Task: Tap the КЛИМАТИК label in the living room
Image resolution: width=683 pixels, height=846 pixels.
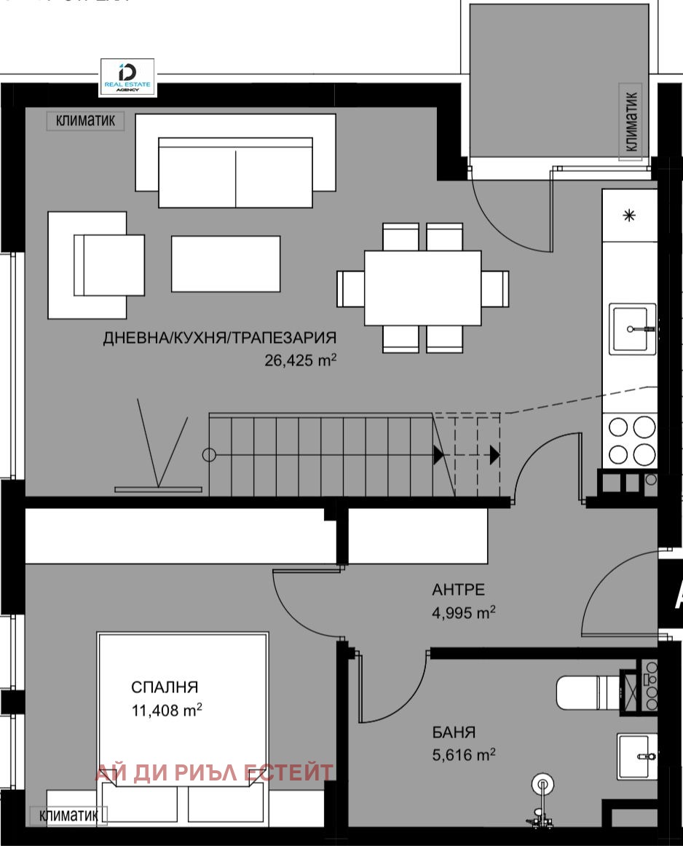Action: (85, 121)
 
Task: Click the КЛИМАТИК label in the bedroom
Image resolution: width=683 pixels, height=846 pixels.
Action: (68, 816)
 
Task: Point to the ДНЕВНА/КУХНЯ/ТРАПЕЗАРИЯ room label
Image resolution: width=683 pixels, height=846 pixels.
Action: (219, 338)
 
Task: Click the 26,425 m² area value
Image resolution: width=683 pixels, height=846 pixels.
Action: (301, 359)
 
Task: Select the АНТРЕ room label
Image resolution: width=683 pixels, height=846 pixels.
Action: (458, 590)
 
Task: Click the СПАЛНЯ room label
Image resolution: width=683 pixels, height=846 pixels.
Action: (165, 687)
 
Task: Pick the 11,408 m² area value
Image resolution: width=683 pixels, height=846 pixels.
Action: (167, 710)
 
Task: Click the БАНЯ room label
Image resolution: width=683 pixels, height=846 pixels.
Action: (453, 732)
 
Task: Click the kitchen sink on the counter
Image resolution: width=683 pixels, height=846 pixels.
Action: (632, 328)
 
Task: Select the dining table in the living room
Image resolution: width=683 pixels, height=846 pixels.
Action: (422, 288)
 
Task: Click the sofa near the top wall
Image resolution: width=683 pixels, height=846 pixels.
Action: (235, 171)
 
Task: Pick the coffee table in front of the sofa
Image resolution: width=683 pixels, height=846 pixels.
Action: (226, 264)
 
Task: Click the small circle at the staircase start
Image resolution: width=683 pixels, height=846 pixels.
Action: (209, 456)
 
